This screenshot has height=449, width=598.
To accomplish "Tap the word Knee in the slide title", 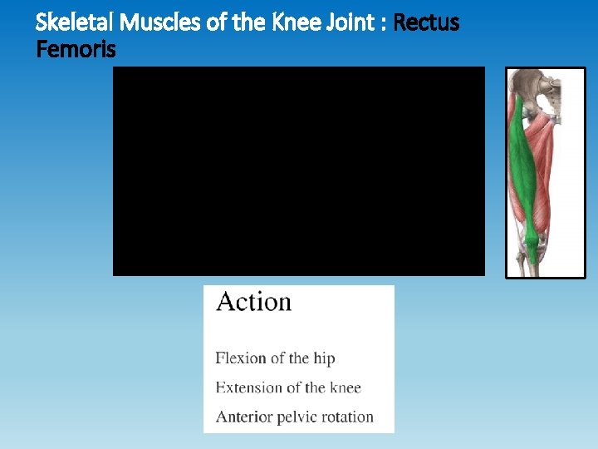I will click(290, 22).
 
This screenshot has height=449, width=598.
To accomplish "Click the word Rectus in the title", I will click(426, 22).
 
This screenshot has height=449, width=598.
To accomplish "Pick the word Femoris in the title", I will click(76, 50).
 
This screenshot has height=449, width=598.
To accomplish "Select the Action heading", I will click(253, 302).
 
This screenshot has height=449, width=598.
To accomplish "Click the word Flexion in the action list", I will click(240, 358).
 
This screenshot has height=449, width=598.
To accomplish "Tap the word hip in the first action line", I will click(324, 358).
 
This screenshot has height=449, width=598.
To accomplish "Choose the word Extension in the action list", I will click(248, 387).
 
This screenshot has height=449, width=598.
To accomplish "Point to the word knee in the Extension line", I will click(344, 387).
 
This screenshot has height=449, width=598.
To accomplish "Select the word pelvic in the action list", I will click(300, 417).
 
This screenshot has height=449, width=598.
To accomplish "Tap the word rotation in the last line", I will click(349, 417).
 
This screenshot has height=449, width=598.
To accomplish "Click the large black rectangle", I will click(298, 170).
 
